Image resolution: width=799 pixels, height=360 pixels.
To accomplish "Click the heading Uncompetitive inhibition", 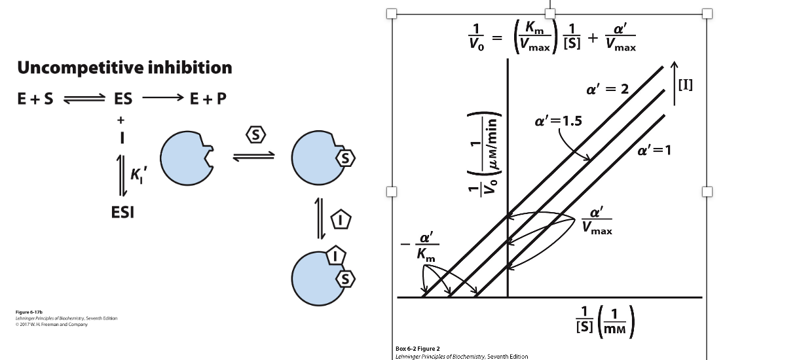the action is [x=124, y=67].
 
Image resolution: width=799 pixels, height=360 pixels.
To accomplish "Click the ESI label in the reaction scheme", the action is [x=122, y=213].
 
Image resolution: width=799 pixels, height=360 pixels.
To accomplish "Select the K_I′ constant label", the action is [x=138, y=175].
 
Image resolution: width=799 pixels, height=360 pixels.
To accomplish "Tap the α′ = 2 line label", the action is [x=608, y=89].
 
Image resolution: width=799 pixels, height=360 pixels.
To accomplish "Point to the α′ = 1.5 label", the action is [x=558, y=121].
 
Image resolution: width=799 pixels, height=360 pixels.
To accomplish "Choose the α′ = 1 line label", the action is [x=654, y=151].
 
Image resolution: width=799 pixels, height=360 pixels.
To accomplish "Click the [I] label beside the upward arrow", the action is [x=686, y=85].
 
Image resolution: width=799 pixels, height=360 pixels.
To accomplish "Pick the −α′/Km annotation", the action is [x=420, y=247].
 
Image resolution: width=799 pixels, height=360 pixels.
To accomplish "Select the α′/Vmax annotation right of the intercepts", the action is [x=597, y=221].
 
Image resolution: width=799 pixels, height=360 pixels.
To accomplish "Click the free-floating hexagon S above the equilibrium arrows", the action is [x=256, y=135].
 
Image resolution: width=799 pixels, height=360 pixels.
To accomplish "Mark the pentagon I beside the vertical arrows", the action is [x=341, y=219].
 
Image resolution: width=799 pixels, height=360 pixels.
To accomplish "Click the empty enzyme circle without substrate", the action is [x=187, y=158].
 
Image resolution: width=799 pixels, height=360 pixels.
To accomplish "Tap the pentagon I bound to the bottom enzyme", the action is [x=335, y=255].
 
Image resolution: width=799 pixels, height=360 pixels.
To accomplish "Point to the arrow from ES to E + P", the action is [x=162, y=98].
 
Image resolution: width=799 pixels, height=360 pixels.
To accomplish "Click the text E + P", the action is [x=208, y=98].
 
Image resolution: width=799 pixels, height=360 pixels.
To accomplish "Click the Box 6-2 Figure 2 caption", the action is [x=418, y=349].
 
